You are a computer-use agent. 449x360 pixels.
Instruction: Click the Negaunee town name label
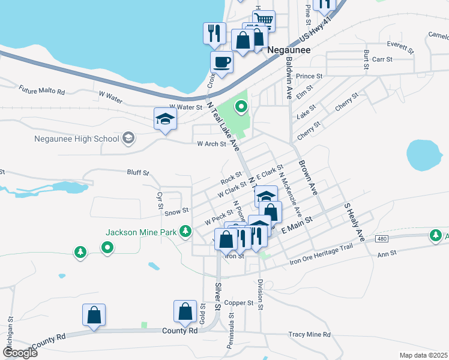coord(289,50)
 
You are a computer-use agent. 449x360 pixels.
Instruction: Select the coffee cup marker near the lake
coord(221,62)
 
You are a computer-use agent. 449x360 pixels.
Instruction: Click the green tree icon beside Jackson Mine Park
coord(186,231)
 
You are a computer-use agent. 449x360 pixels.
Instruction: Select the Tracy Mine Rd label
coord(309,334)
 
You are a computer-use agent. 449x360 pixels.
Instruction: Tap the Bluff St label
coord(137,173)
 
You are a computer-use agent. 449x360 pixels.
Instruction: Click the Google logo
coord(20,353)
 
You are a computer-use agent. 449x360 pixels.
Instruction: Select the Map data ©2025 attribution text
coord(423,355)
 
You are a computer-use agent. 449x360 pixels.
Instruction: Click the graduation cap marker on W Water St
coord(165,119)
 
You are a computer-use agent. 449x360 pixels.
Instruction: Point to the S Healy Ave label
coord(353,222)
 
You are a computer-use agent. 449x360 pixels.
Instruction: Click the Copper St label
coord(240,304)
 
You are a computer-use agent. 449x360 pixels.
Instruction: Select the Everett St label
coord(401,47)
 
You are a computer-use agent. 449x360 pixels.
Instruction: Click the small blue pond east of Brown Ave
coord(425,155)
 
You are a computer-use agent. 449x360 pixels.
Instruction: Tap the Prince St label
coord(309,76)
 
